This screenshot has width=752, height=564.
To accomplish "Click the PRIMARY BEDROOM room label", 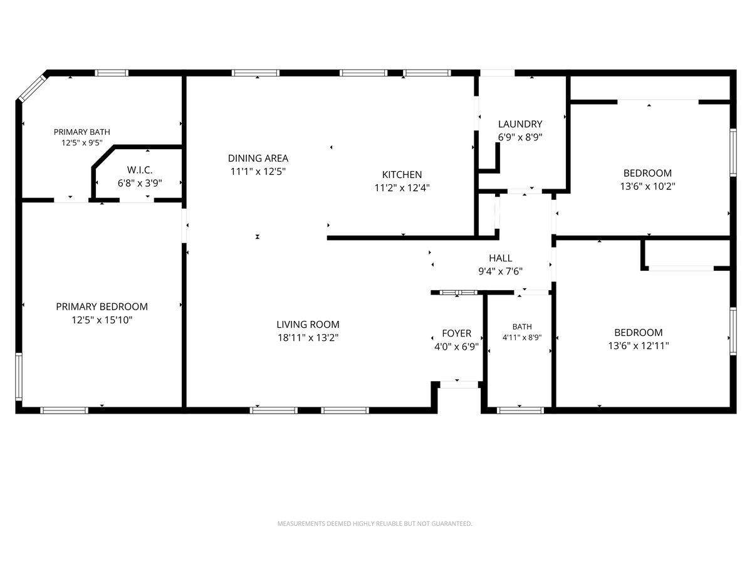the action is click(102, 306).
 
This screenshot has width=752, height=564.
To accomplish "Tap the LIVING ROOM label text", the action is click(308, 324).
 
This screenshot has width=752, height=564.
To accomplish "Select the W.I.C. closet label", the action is click(140, 170).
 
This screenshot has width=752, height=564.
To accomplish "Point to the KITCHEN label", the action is click(402, 175).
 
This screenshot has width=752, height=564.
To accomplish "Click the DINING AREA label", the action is click(258, 158).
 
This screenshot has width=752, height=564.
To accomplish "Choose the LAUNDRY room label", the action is click(520, 124).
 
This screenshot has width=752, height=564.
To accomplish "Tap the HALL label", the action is click(501, 258).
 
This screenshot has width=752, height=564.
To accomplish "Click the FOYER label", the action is click(457, 333).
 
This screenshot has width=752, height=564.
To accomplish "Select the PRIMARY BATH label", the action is click(82, 132).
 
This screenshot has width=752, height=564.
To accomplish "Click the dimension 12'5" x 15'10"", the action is click(102, 320).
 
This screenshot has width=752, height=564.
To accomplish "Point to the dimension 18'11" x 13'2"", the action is click(308, 338).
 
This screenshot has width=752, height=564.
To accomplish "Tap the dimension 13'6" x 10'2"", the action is click(647, 187).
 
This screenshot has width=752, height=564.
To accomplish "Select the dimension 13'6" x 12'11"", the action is click(639, 346).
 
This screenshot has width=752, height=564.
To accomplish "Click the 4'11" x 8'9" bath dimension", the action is click(522, 337).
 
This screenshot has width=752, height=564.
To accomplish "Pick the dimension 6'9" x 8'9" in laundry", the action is click(520, 137).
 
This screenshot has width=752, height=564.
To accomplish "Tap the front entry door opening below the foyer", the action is click(459, 385).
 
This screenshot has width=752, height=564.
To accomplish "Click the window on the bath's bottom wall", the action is click(520, 410).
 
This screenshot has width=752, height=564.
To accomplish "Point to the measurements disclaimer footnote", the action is click(375, 524).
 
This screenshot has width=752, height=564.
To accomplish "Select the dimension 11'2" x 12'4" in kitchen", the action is click(402, 188).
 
